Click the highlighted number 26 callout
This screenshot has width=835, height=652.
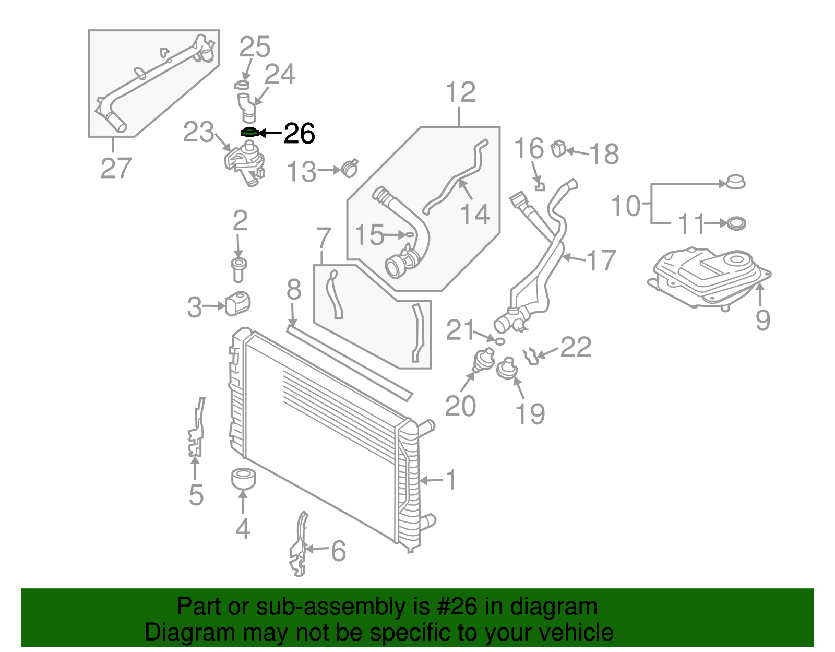300,134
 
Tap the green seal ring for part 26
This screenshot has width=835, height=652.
249,133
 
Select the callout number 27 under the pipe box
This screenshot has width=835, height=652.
116,168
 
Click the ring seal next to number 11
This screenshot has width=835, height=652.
736,223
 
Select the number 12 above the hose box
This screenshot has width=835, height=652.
461,92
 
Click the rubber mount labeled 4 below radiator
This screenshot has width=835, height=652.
243,479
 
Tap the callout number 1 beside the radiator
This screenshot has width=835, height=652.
451,479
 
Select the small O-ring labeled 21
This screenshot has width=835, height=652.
499,341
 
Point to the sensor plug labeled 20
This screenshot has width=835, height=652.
483,361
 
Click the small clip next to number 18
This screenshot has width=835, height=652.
558,149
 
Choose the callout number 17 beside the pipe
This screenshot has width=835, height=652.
601,260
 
